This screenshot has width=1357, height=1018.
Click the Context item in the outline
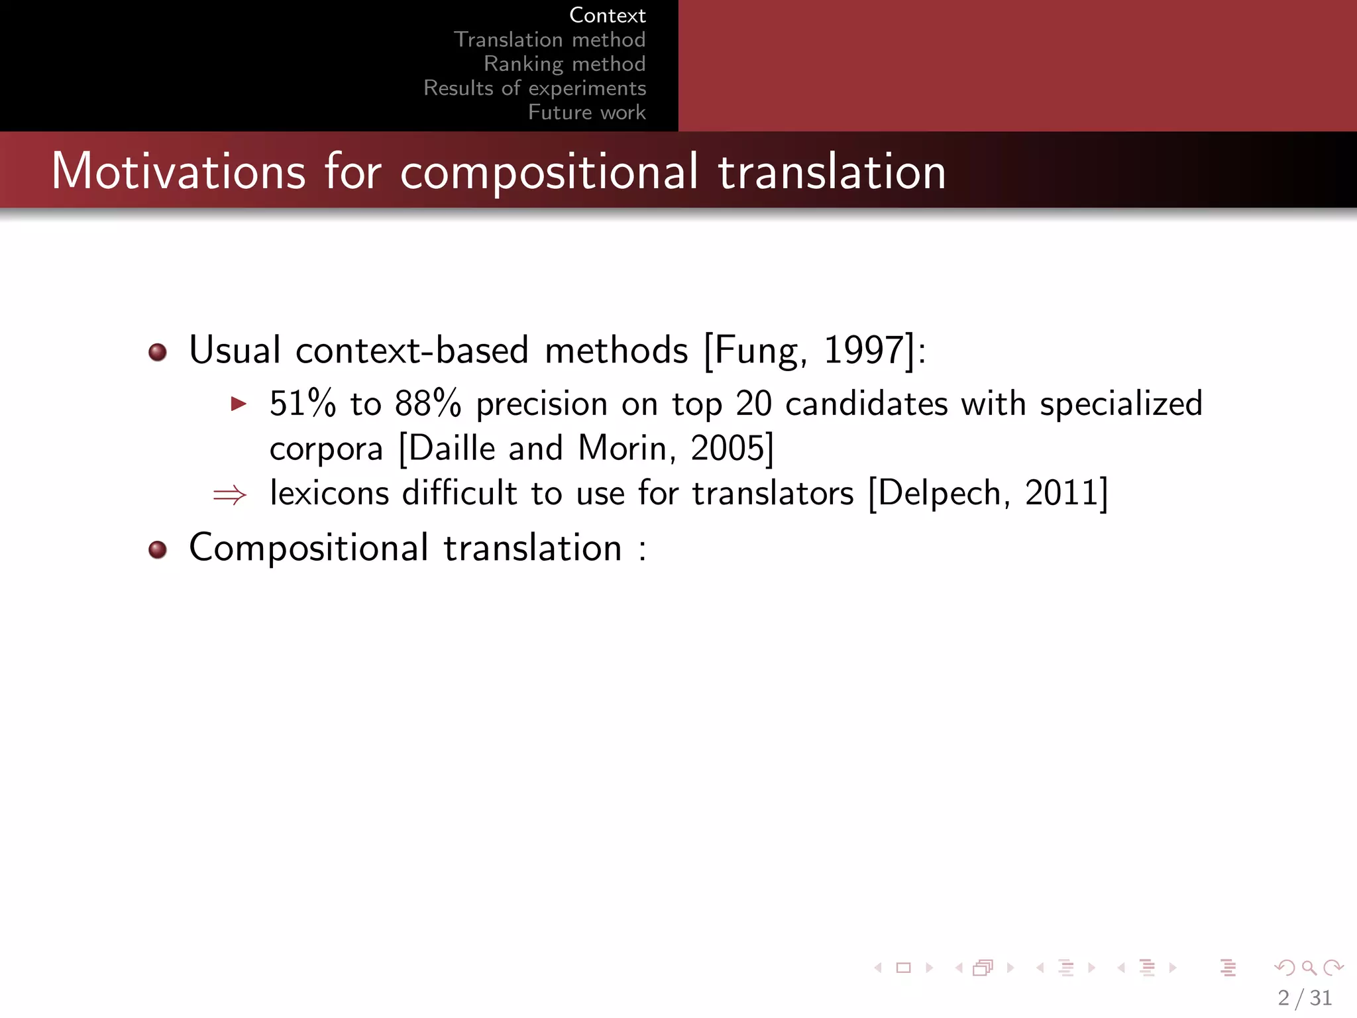[607, 15]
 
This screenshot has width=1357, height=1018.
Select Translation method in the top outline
[549, 40]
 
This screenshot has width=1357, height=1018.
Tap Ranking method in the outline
[565, 64]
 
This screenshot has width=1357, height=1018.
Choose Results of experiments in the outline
[535, 88]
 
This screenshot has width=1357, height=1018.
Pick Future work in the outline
[586, 112]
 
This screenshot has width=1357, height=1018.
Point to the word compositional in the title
[549, 172]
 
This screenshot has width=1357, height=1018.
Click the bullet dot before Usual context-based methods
[158, 352]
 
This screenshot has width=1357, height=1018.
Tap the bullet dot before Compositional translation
[158, 549]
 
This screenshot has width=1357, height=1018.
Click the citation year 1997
[863, 350]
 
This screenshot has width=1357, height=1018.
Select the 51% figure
[303, 404]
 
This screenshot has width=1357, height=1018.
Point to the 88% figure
[427, 404]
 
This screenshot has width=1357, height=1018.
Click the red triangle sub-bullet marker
[239, 404]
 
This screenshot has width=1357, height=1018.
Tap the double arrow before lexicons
[230, 494]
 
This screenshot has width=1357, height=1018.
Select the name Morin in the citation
[622, 449]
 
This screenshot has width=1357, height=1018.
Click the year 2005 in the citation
[728, 449]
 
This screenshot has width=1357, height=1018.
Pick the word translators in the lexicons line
[773, 494]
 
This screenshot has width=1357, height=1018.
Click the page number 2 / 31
[1305, 997]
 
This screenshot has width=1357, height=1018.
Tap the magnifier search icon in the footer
[1309, 968]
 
